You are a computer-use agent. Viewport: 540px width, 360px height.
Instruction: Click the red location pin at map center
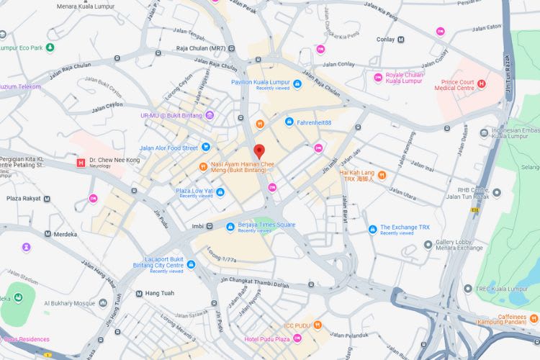tap(260, 151)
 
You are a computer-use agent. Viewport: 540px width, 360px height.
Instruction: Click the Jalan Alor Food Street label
tap(168, 148)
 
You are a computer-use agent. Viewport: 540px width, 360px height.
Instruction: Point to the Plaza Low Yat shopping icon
tap(222, 192)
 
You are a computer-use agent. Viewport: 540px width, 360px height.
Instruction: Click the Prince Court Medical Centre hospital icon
tap(482, 84)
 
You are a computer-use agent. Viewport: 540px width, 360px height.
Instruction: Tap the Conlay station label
tap(385, 40)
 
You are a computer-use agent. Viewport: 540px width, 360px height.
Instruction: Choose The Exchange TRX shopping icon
tap(372, 230)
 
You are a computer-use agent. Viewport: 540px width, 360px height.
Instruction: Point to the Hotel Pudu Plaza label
tap(267, 338)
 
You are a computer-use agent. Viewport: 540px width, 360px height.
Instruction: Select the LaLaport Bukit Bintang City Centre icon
tap(191, 264)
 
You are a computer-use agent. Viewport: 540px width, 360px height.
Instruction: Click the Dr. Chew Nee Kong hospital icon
tap(81, 163)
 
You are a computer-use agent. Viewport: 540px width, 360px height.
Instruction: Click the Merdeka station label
tap(68, 234)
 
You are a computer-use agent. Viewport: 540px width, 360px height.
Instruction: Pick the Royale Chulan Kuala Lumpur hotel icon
tap(377, 78)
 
